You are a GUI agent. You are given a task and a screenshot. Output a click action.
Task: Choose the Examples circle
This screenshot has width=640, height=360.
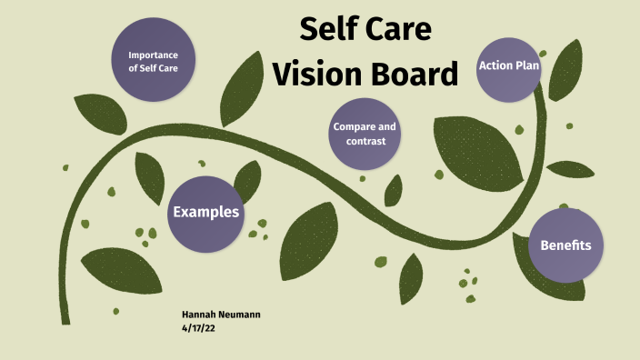click(x=206, y=213)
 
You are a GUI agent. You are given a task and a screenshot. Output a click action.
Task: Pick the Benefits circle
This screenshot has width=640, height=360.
click(x=565, y=245)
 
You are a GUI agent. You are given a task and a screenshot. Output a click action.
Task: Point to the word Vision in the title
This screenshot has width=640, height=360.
click(x=320, y=73)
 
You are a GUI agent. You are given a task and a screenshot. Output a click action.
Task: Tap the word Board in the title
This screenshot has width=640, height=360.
click(x=415, y=73)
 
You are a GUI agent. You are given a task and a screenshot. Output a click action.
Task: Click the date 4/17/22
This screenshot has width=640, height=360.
click(x=198, y=327)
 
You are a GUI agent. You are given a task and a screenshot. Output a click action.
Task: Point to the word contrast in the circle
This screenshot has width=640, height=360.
click(x=365, y=141)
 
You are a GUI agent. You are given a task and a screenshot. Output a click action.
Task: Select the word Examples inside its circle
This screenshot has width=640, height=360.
click(x=206, y=213)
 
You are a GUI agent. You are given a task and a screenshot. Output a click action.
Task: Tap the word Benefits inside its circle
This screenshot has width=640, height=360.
click(x=565, y=245)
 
